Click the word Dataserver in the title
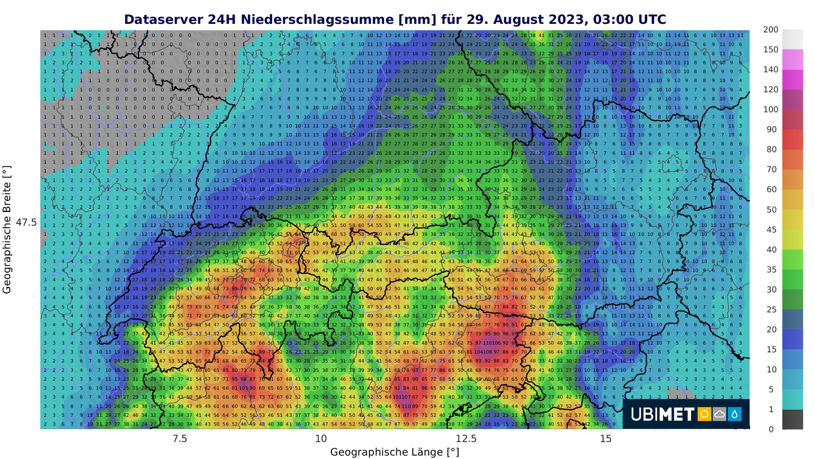[x=164, y=20]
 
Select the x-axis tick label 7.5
[x=180, y=438]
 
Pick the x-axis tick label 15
[x=606, y=438]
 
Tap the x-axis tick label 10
[x=321, y=438]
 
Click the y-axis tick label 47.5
[x=26, y=222]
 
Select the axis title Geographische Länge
[x=394, y=452]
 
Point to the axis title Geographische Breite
[x=7, y=230]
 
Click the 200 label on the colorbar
[x=770, y=30]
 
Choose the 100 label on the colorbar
[x=770, y=109]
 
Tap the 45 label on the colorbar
[x=771, y=230]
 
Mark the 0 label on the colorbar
[x=770, y=429]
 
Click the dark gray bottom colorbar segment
[x=793, y=419]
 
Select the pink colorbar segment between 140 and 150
[x=793, y=59]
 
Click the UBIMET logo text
[x=662, y=414]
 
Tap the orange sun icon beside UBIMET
[x=704, y=414]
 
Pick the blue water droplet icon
[x=735, y=414]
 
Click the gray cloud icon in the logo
[x=719, y=414]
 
